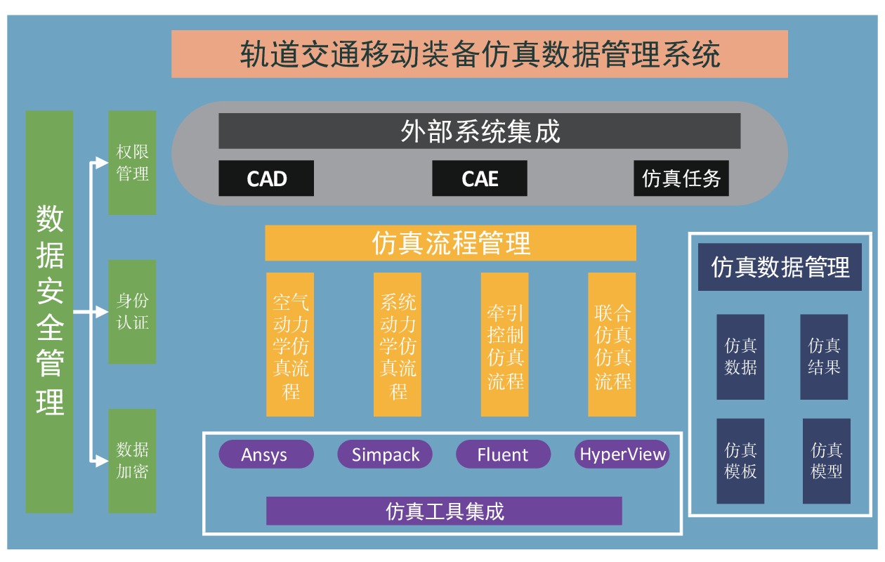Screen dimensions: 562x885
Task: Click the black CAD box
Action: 266,178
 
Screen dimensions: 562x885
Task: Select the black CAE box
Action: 479,178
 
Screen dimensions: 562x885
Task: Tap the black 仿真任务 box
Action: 681,178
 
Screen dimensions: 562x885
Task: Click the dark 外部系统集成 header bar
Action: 479,131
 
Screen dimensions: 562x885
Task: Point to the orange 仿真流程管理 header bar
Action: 450,243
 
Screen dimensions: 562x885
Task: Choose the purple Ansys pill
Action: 265,455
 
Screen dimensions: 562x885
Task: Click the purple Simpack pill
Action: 385,455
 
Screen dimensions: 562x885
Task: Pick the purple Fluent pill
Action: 503,455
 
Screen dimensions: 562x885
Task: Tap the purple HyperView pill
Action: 622,455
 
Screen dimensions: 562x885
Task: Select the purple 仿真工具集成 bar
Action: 444,511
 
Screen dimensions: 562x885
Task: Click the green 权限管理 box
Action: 132,162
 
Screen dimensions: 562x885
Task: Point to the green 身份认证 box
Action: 132,312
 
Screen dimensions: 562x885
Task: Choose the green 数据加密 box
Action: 132,460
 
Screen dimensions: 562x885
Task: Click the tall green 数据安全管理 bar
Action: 49,311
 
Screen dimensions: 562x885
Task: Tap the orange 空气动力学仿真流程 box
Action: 290,344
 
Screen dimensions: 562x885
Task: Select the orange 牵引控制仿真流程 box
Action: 504,344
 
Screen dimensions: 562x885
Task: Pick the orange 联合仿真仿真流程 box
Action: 612,344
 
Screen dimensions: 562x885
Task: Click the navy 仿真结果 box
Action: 824,357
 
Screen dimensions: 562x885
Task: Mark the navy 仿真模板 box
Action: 740,461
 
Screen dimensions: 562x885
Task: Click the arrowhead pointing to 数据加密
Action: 101,461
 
